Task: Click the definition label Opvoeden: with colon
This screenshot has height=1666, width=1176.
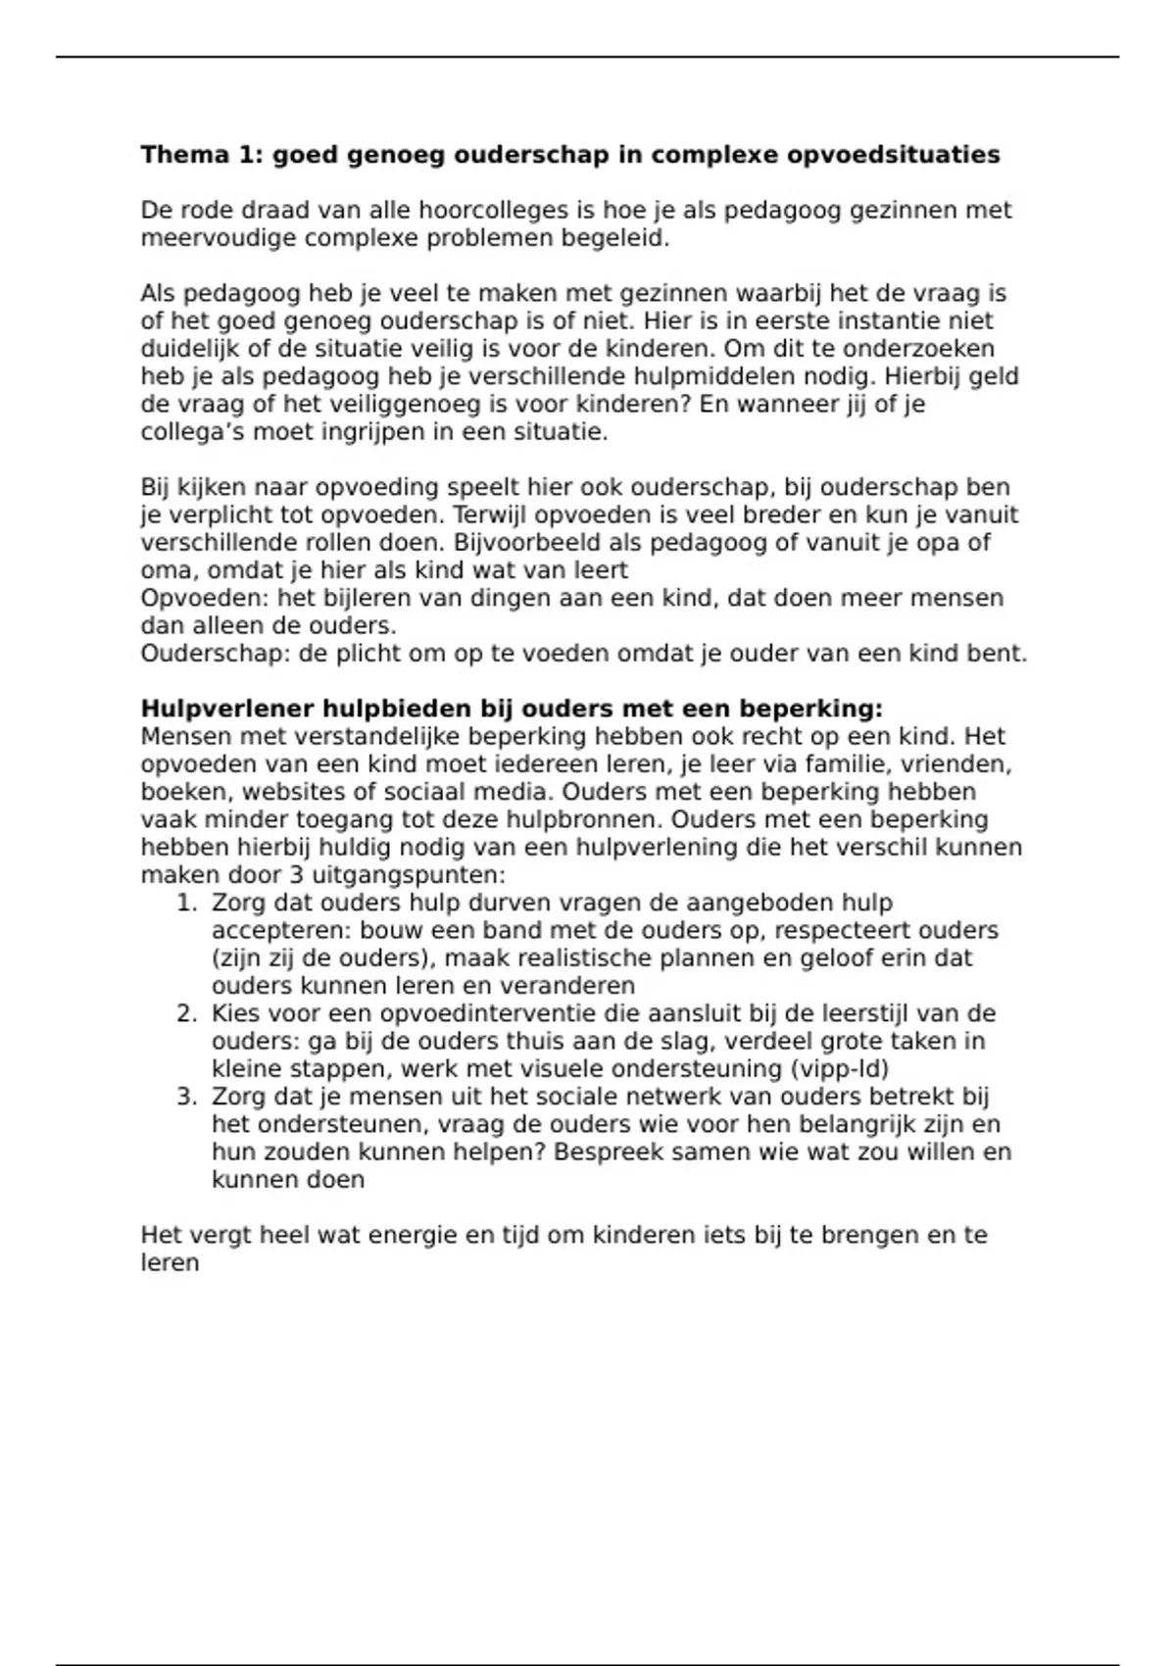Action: (x=205, y=598)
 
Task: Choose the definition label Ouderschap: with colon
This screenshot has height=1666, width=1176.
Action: (x=216, y=654)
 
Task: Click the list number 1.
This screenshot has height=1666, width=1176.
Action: (x=187, y=903)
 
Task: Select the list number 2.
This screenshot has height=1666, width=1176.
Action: (x=187, y=1013)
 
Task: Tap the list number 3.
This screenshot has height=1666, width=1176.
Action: (x=187, y=1097)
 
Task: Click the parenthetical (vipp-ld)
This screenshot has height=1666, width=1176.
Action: (x=835, y=1069)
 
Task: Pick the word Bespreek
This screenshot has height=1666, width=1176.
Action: (x=601, y=1152)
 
